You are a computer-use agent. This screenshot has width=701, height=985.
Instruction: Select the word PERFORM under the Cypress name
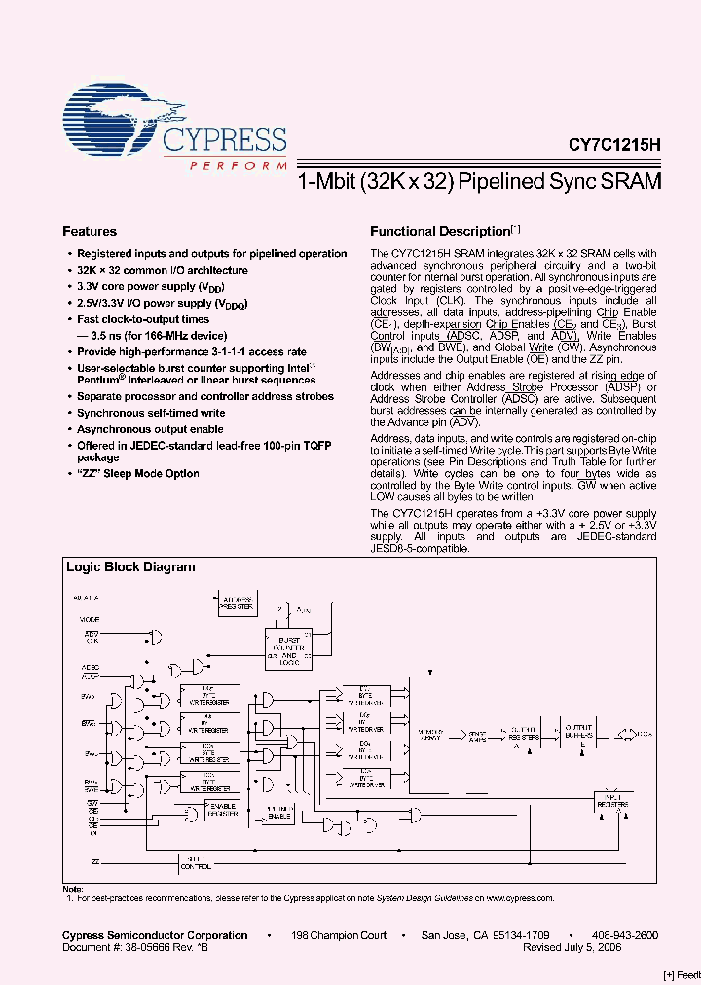225,166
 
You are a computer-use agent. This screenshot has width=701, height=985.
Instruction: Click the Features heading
90,232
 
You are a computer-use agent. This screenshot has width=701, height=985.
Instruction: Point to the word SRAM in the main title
632,181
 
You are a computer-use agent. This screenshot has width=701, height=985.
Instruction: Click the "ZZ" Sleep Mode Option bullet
138,473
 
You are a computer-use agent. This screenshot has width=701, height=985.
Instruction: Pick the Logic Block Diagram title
130,567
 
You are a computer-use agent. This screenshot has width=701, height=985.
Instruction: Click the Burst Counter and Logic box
284,647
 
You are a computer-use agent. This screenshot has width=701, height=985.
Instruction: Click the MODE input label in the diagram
90,619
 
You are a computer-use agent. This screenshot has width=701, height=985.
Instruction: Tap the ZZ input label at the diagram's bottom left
95,861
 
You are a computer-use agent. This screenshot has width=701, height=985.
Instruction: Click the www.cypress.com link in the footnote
519,898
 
